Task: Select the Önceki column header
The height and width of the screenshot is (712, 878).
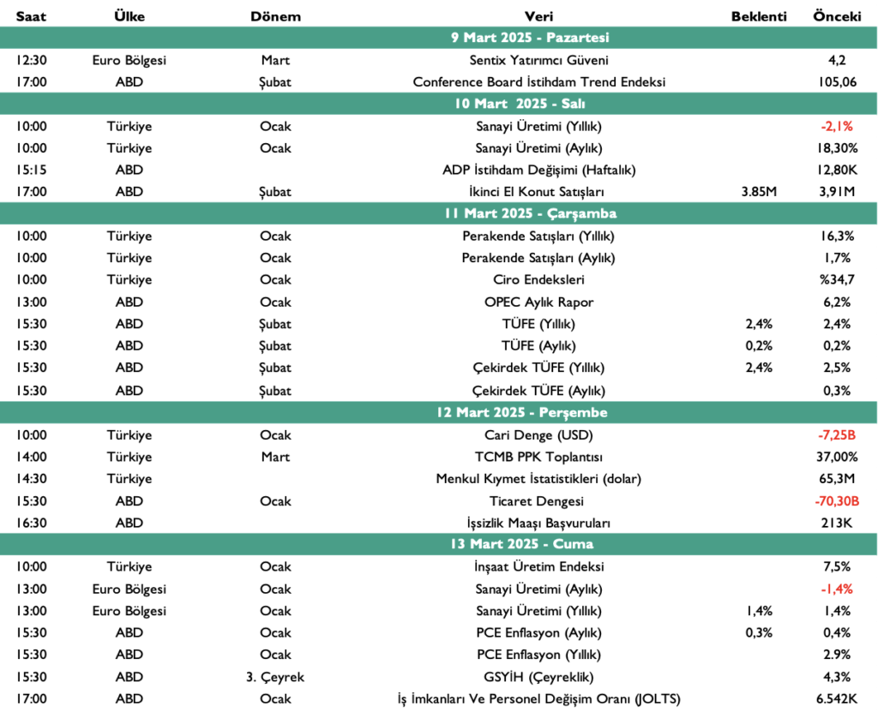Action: pos(837,17)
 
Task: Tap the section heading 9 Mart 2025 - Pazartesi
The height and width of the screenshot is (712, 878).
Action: pos(530,38)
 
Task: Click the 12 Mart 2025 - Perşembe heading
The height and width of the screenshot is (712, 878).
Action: pos(531,412)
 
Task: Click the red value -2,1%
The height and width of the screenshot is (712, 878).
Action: pos(837,126)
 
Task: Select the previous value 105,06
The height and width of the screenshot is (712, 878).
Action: pos(837,82)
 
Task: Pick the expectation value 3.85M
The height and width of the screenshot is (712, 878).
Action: pos(759,192)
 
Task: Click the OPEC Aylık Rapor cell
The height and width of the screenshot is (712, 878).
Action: pos(538,302)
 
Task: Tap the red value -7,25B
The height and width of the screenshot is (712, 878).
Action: pos(837,434)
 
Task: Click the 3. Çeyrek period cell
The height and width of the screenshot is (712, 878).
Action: pos(275,677)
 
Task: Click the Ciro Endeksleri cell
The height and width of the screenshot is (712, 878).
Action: pos(538,279)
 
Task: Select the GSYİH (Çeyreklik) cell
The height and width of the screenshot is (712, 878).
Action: pos(538,677)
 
